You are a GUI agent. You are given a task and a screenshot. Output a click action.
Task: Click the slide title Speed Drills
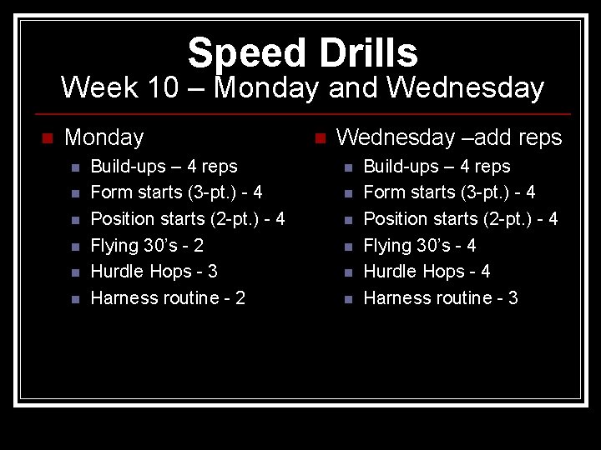(302, 52)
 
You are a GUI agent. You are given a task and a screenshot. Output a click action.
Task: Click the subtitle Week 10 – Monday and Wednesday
(302, 87)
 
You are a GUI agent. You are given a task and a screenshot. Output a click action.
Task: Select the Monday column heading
(104, 137)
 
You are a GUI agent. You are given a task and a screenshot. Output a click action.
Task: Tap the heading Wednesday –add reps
(449, 137)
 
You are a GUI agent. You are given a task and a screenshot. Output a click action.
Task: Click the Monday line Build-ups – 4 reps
(164, 167)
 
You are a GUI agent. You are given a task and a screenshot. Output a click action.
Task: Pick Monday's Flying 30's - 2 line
(147, 245)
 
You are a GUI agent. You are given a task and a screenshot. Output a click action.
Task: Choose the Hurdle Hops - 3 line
(154, 272)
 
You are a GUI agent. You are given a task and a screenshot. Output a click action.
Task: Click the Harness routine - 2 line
(168, 298)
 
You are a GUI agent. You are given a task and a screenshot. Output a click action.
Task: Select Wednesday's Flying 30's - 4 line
(420, 245)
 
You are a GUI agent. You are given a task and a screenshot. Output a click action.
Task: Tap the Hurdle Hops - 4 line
(427, 272)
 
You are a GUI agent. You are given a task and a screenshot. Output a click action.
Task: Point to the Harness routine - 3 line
(441, 298)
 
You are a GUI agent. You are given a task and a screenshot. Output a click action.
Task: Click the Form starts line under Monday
(176, 192)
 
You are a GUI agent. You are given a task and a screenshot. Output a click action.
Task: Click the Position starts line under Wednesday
(461, 219)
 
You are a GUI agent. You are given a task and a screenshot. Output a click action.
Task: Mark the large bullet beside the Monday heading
(47, 137)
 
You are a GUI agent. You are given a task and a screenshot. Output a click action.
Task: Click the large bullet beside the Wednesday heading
(318, 137)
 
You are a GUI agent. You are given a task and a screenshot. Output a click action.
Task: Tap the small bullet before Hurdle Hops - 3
(73, 272)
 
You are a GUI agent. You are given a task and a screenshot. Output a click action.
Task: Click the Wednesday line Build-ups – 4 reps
(437, 167)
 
